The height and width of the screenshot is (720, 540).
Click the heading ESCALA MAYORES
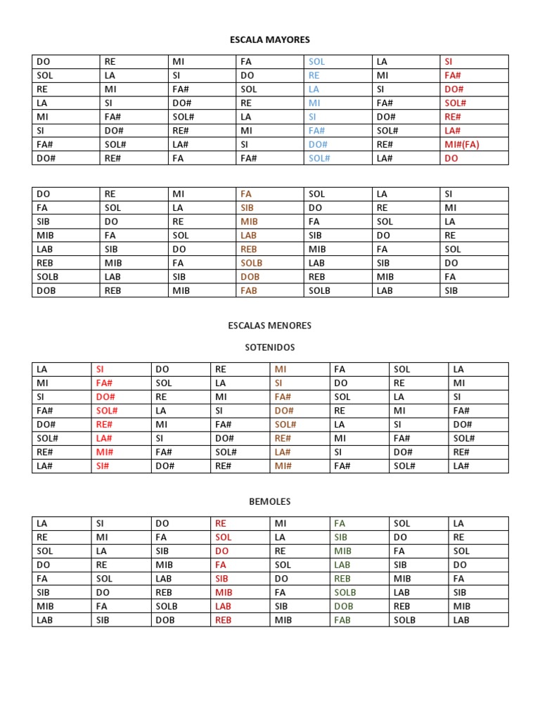click(x=270, y=39)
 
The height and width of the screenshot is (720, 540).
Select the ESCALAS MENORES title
click(x=270, y=326)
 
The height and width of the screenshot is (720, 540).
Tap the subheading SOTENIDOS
click(x=270, y=347)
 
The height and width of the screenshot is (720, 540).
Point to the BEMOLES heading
click(x=270, y=501)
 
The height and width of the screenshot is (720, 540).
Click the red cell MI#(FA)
click(x=462, y=144)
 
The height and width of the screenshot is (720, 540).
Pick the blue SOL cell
click(x=316, y=62)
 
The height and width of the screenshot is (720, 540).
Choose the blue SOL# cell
click(x=319, y=158)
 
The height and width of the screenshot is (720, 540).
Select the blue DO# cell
click(x=318, y=144)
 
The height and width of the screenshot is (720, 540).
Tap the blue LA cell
click(x=314, y=89)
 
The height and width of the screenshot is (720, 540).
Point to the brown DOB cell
click(x=250, y=276)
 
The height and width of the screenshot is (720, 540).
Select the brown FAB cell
click(x=249, y=290)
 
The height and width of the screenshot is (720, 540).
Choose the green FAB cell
click(x=342, y=619)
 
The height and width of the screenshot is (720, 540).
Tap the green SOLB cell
click(x=345, y=592)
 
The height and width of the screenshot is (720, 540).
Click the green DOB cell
click(x=344, y=605)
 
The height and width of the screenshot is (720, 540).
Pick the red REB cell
click(x=223, y=619)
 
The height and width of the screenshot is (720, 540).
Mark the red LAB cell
click(x=223, y=605)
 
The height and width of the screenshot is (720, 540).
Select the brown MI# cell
click(x=283, y=465)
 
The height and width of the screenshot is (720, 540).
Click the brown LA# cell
click(x=283, y=451)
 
